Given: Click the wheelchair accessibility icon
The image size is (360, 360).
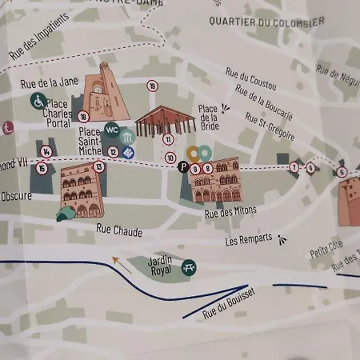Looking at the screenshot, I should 38,101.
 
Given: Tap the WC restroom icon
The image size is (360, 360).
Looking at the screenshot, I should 112,130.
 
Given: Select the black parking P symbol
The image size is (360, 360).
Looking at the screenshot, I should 183,167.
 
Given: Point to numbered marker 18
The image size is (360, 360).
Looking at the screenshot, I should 84,117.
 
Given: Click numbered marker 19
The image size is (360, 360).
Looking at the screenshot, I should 152,86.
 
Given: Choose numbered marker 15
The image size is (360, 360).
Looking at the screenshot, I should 42,168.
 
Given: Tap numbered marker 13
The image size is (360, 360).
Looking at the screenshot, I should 98,166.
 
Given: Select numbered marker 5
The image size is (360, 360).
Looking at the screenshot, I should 342,172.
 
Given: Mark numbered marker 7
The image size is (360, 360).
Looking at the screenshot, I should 294,167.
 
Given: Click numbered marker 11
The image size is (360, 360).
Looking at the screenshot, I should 168,139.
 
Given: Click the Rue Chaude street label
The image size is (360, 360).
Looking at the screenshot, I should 119,231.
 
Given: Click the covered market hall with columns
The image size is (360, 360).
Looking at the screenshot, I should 166,120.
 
